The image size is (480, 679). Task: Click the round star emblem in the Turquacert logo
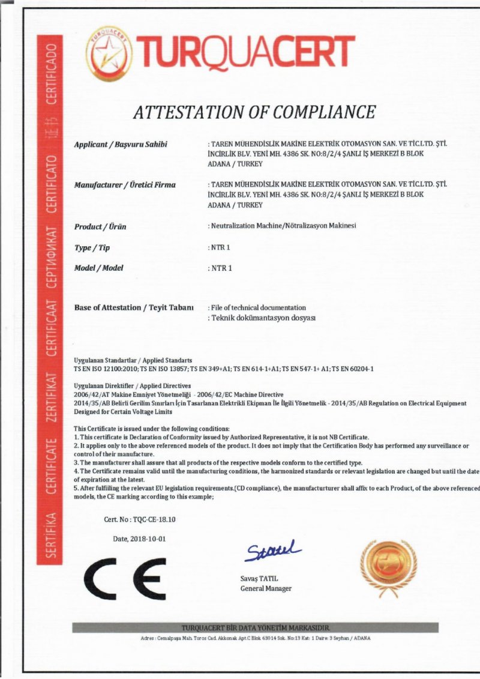coord(109,53)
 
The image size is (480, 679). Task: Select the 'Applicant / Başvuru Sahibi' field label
coord(121,144)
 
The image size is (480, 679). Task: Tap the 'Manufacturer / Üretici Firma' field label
coord(125,185)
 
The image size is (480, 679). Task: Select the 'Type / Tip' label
coord(92,247)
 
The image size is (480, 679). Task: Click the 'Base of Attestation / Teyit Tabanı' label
coord(134,307)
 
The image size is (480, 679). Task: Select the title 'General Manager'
coord(266,588)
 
